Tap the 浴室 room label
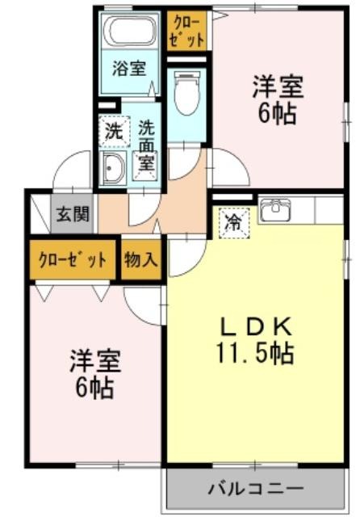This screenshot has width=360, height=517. (x=129, y=69)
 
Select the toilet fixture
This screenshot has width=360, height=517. (x=186, y=93)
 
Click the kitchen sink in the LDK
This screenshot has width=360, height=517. (x=276, y=210)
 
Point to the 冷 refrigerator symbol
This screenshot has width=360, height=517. (x=235, y=223)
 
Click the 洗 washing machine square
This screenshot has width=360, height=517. (x=114, y=132)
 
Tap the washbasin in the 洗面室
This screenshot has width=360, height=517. (x=113, y=168)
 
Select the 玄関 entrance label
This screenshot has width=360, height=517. (x=73, y=215)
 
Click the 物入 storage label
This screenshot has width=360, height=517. (x=141, y=259)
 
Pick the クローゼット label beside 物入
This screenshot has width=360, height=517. (x=73, y=260)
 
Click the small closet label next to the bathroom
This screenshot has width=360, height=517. (x=186, y=31)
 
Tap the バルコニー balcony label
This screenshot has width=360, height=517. (x=255, y=488)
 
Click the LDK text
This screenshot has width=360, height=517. (x=256, y=327)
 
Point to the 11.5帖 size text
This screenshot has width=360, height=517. (x=254, y=353)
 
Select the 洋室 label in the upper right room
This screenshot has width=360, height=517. (x=278, y=86)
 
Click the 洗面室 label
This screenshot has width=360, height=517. (x=146, y=145)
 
